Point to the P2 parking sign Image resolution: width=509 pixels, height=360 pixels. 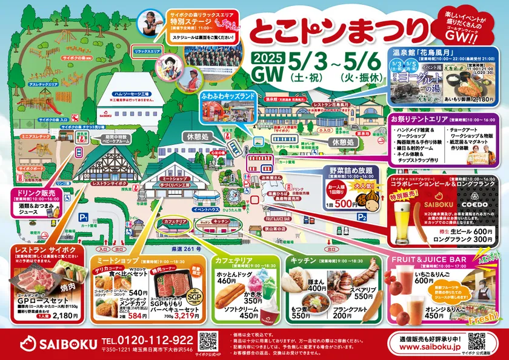(x=362, y=216)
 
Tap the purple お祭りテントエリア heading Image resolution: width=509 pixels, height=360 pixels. (x=421, y=120)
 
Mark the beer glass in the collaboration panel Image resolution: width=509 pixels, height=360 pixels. (x=403, y=220)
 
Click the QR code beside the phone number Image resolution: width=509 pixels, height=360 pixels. (x=208, y=341)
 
